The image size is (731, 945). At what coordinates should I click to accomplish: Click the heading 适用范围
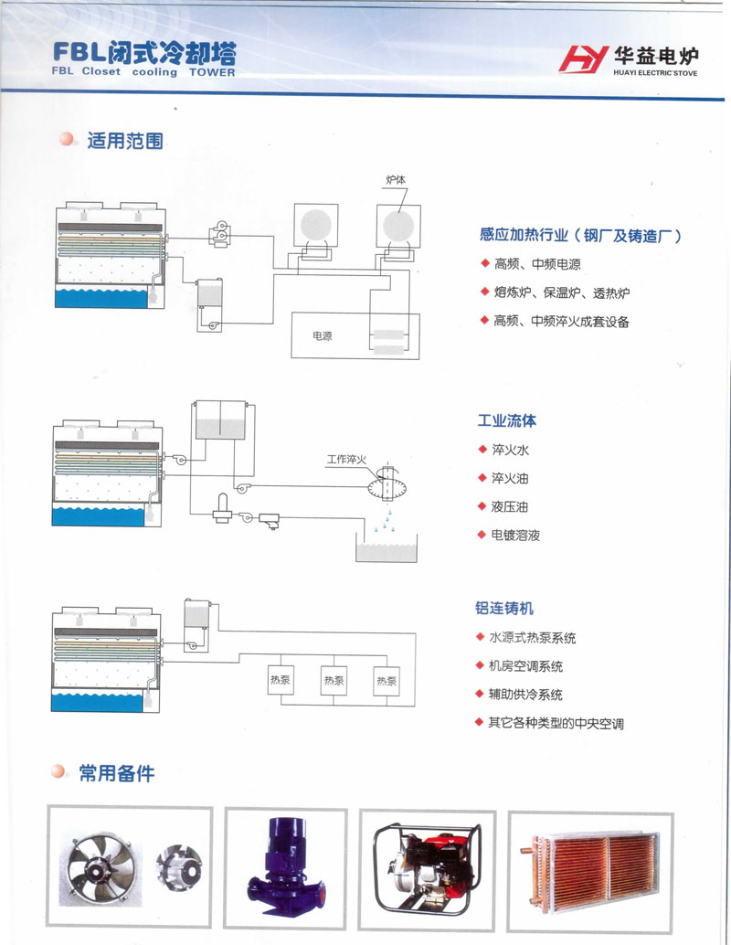[x=124, y=142]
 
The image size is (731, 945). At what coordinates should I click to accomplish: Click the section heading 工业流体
[x=506, y=421]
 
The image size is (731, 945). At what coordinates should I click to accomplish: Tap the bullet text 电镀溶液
[x=515, y=535]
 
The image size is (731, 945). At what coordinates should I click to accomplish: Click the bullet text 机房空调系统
[x=525, y=666]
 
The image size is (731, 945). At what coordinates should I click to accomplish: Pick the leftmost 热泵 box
[x=281, y=681]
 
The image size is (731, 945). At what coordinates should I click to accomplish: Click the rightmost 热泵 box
[x=387, y=681]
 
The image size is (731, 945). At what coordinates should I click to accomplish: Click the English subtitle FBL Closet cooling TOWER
[x=143, y=72]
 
